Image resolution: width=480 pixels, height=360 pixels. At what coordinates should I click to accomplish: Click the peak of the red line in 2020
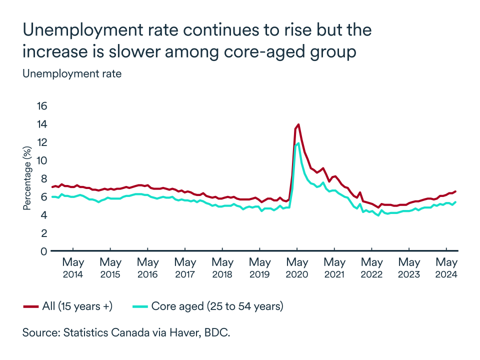[x=298, y=124]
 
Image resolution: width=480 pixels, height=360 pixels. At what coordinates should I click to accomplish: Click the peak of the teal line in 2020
[x=298, y=143]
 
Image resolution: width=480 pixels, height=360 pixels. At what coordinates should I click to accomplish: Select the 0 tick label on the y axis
[x=43, y=251]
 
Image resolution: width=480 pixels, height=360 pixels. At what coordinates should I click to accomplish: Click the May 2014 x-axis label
[x=73, y=268]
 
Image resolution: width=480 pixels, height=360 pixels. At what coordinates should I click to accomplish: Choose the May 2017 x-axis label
[x=185, y=268]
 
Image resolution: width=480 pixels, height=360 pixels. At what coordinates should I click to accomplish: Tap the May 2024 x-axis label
[x=446, y=268]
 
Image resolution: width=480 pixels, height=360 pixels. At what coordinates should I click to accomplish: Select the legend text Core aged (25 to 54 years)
[x=217, y=306]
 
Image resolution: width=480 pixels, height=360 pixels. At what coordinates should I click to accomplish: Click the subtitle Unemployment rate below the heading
[x=72, y=73]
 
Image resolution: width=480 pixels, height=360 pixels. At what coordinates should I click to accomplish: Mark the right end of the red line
[x=455, y=191]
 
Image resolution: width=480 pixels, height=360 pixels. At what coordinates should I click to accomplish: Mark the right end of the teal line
[x=455, y=202]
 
